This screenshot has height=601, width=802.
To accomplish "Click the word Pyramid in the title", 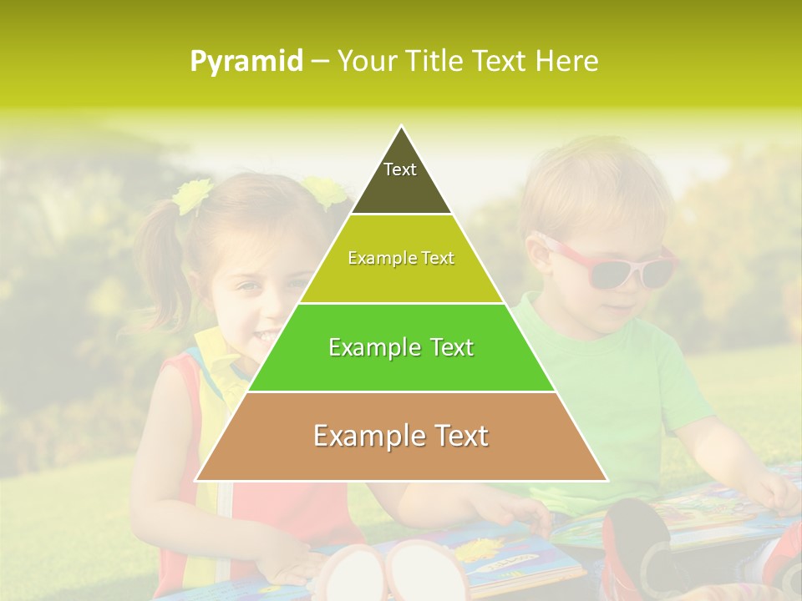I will (x=246, y=62).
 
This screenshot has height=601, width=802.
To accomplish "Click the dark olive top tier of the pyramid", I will (x=401, y=188).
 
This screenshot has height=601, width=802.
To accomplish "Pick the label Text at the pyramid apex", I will (x=400, y=169).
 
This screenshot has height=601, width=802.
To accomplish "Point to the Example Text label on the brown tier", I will (x=401, y=436).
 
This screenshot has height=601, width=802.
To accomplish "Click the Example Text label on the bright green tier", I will (x=401, y=347).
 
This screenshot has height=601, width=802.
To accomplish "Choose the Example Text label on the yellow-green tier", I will (x=401, y=258).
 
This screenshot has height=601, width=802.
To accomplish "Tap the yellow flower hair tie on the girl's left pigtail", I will (x=192, y=196).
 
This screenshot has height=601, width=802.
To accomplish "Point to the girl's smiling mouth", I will (x=266, y=336).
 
